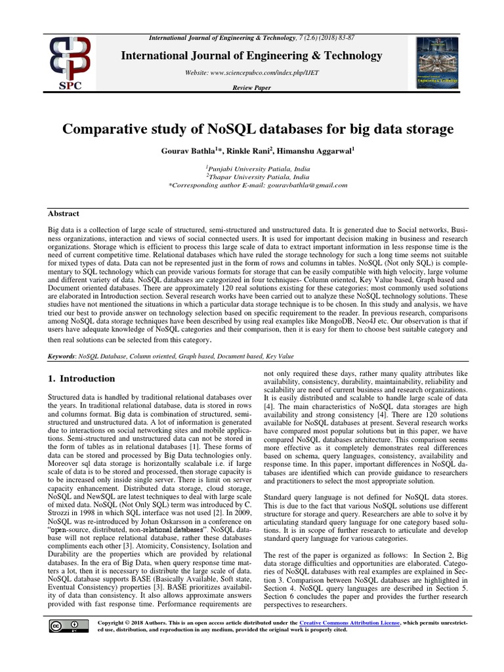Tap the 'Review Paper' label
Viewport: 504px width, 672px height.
[252, 88]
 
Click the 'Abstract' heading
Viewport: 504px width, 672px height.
[64, 213]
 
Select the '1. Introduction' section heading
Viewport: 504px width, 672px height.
[82, 379]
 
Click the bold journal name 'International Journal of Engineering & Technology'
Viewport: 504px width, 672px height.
[252, 56]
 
